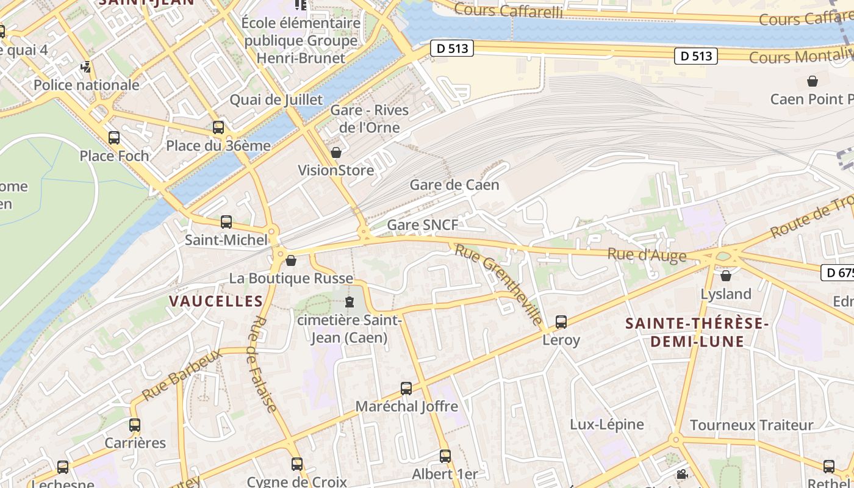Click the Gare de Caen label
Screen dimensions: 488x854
[454, 185]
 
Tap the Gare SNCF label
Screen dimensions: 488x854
[423, 225]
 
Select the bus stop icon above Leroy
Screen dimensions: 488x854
[561, 321]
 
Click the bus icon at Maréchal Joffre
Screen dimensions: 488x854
[406, 388]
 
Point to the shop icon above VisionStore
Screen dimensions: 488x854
[336, 152]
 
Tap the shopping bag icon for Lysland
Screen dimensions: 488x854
[726, 276]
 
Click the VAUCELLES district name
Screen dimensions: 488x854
[216, 301]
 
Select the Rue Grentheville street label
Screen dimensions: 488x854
[498, 284]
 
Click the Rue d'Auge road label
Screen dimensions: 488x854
[647, 255]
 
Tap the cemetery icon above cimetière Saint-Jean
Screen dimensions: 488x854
[350, 302]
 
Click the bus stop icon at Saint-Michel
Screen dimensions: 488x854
[226, 222]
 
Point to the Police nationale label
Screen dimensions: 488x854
[87, 85]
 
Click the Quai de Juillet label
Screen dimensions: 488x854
[276, 100]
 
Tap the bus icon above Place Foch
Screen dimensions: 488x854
[114, 138]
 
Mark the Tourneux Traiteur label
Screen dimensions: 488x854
[752, 425]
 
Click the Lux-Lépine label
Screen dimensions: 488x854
[606, 425]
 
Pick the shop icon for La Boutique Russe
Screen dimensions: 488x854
[291, 261]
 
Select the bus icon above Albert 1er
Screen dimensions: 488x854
[445, 456]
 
